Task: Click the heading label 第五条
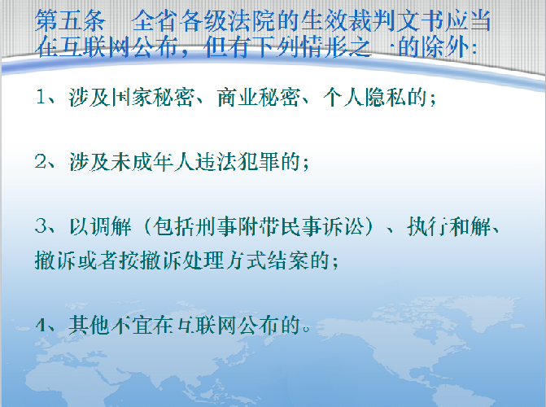tap(70, 21)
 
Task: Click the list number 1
tap(41, 97)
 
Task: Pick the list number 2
tap(41, 161)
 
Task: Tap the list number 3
tap(41, 226)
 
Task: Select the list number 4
tap(41, 325)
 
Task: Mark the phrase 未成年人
tap(153, 162)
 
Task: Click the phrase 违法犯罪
tap(238, 162)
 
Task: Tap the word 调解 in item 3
tap(111, 226)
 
